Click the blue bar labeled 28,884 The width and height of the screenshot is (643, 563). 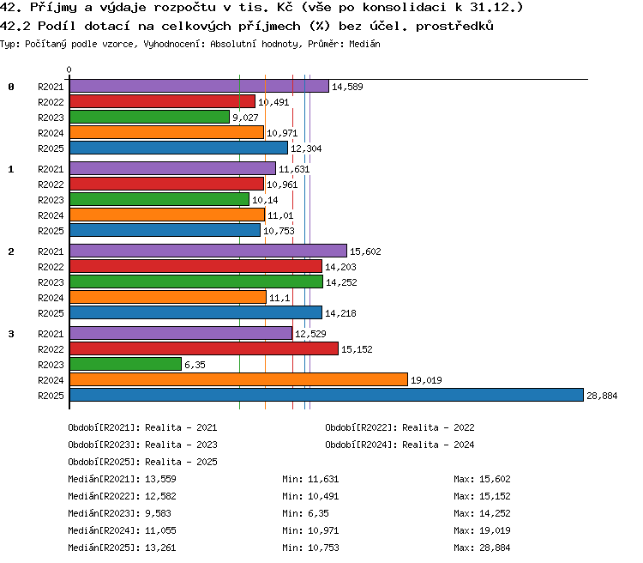[x=327, y=395]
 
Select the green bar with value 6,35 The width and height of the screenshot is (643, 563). [x=125, y=364]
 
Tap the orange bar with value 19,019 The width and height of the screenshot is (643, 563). [x=238, y=379]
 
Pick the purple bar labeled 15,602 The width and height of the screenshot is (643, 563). [x=208, y=251]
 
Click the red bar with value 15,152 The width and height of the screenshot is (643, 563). [x=204, y=348]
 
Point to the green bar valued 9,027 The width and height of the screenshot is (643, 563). [x=149, y=117]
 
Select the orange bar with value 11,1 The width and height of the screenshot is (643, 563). [x=168, y=297]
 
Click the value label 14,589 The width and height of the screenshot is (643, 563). [x=347, y=87]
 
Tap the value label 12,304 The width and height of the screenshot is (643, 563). [x=306, y=148]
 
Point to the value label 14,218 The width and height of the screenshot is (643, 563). [x=340, y=314]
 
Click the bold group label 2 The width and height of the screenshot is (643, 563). [x=11, y=251]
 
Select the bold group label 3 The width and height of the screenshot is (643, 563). [x=11, y=334]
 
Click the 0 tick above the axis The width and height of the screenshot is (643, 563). [x=69, y=70]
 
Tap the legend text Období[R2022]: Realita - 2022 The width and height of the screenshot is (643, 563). [x=400, y=428]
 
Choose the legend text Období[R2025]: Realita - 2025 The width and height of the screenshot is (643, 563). [x=142, y=462]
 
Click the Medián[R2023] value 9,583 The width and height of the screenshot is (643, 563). [x=158, y=514]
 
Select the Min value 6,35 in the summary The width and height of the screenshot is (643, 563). [x=318, y=514]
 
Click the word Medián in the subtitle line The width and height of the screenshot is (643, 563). [x=364, y=44]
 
